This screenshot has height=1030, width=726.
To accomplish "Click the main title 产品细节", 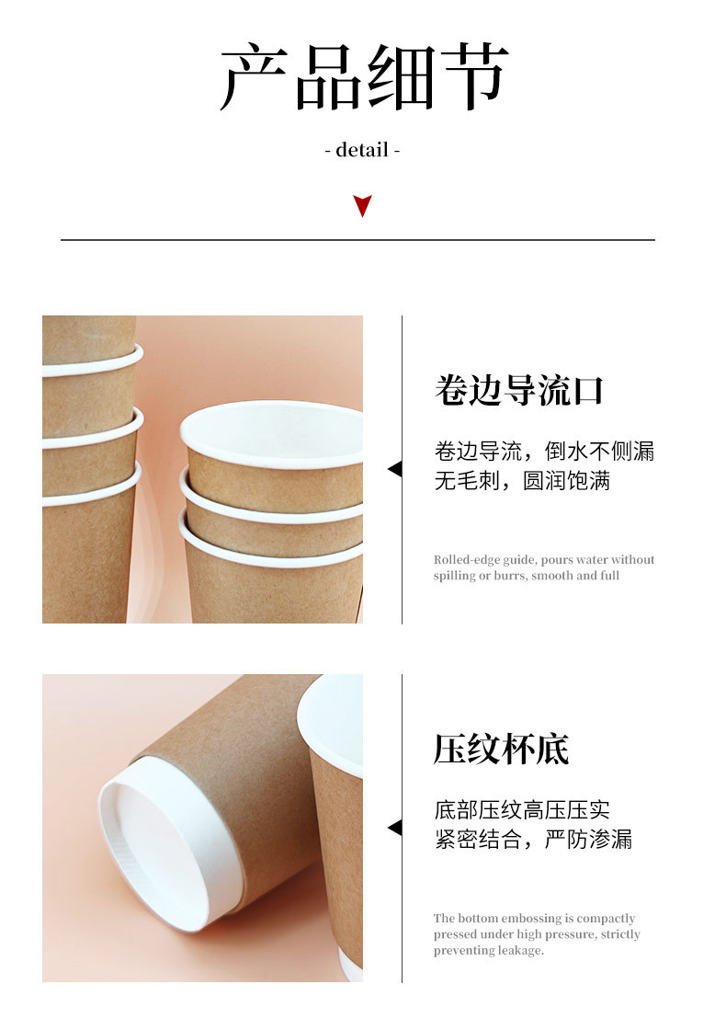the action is (x=364, y=77).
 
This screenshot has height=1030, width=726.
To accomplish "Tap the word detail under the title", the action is (x=362, y=150).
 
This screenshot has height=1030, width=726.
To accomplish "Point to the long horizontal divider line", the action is (x=357, y=240).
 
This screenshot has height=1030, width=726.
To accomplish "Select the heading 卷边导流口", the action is (x=518, y=390).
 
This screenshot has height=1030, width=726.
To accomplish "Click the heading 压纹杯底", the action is (x=501, y=749).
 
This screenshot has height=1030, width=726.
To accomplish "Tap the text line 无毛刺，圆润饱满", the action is (x=522, y=481).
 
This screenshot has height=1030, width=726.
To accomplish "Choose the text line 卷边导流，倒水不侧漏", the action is (x=544, y=452).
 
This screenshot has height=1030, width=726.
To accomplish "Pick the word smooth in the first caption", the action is (x=552, y=576).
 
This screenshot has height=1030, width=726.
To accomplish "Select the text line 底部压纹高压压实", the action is (x=522, y=810).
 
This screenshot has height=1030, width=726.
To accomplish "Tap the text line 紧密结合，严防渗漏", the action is (x=533, y=840).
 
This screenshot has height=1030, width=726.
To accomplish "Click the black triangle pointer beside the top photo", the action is (x=394, y=469).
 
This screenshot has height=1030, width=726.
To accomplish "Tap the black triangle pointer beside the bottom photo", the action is (x=394, y=828).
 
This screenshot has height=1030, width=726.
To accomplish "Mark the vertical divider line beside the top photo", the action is (x=402, y=469).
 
